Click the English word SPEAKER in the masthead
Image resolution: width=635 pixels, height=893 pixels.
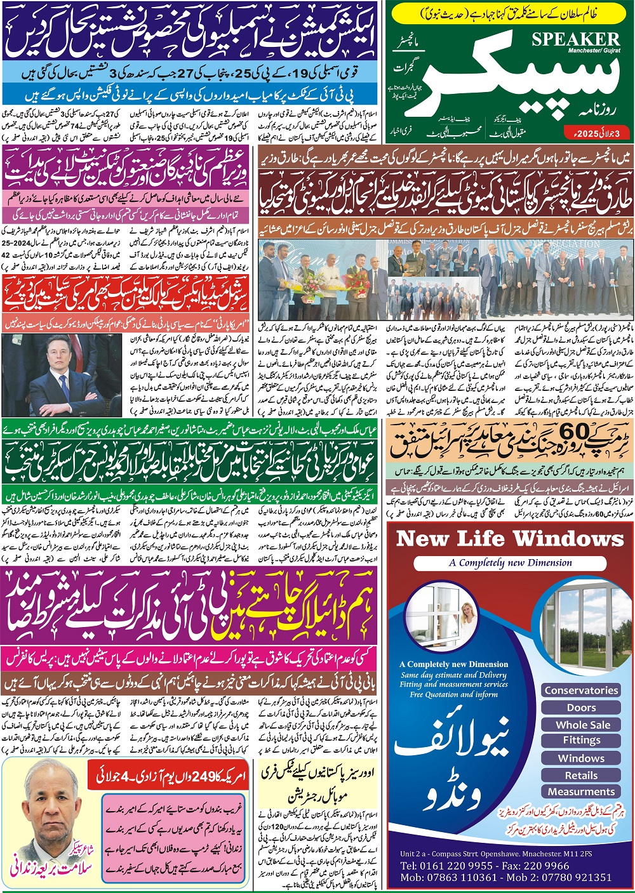coord(575,39)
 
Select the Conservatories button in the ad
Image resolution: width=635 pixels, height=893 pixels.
coord(581,690)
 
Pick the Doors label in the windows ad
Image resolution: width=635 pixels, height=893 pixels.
coord(581,707)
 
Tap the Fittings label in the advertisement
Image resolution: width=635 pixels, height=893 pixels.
coord(581,740)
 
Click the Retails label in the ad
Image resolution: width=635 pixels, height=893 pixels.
coord(581,775)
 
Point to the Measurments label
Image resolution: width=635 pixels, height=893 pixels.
coord(581,791)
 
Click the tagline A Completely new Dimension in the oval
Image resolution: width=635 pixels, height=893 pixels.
coord(510,563)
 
